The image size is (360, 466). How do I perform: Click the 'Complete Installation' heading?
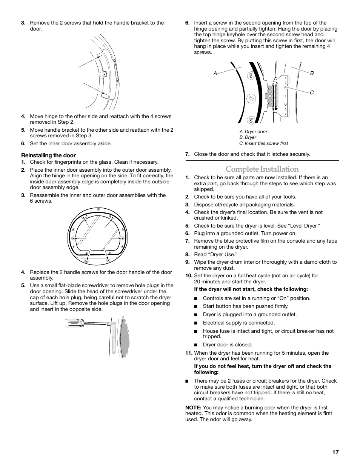(262, 169)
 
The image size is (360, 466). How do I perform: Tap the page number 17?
(335, 452)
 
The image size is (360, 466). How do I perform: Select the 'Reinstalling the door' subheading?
(48, 155)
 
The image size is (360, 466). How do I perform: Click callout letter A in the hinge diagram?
(215, 74)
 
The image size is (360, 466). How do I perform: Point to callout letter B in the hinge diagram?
(312, 74)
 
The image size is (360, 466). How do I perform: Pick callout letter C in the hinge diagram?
(312, 92)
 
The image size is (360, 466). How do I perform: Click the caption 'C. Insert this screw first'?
(263, 143)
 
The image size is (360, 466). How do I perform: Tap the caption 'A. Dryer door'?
(253, 132)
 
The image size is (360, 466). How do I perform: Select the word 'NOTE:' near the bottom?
(193, 408)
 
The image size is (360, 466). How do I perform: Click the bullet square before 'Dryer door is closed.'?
(196, 345)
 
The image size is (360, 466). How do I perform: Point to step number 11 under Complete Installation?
(189, 353)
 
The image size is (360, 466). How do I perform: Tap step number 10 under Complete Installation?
(189, 275)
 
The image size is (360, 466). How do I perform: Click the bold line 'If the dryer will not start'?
(251, 289)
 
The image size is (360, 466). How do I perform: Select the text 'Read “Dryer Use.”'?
(215, 255)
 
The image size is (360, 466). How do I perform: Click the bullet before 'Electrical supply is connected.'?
(196, 323)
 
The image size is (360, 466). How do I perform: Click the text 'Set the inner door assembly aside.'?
(71, 143)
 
